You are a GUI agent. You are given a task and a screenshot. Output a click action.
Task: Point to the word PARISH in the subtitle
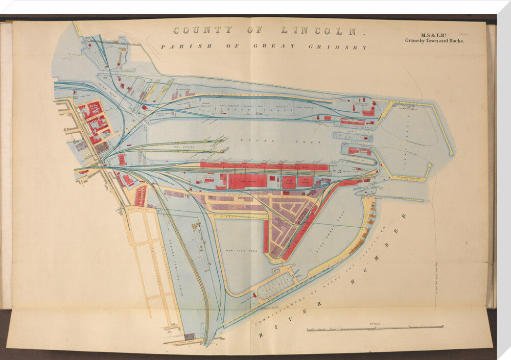point(178,46)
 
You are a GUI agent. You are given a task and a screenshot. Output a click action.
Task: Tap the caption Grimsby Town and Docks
point(434,40)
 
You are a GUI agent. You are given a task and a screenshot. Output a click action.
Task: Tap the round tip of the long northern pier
point(451,153)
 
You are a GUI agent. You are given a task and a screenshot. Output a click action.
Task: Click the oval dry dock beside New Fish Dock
point(276,287)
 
